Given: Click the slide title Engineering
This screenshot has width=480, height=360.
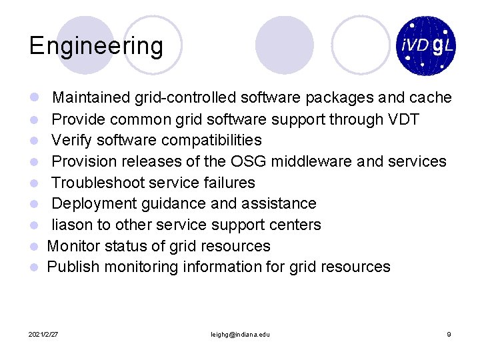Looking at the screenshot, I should pos(96,47).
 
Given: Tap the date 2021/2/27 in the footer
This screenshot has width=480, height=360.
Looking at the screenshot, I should pos(43,334).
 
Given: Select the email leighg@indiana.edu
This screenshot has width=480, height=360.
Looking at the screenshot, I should pos(239,334).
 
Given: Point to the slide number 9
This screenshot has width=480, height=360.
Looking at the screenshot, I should pos(449,334).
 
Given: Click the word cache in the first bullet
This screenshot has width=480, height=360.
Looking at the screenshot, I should pos(431,98).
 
